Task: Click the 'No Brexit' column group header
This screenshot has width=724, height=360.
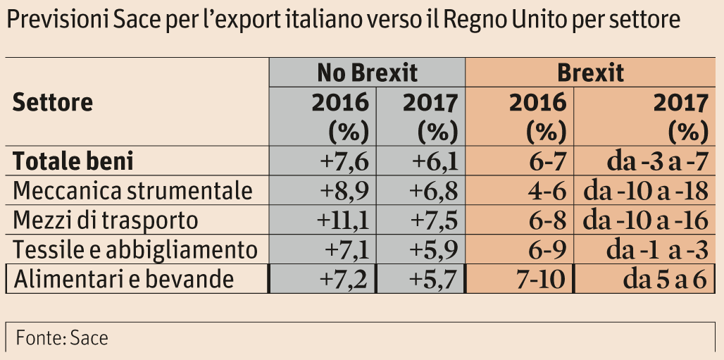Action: (367, 73)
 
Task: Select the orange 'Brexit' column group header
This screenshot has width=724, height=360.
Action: (590, 73)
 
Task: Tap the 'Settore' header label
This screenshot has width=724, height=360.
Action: (53, 103)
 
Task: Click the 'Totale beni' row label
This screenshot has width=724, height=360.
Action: (74, 161)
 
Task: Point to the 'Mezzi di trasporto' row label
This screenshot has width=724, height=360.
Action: (106, 221)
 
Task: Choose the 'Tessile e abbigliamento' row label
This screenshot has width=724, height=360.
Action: (136, 250)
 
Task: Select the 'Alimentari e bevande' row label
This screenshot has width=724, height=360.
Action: (123, 280)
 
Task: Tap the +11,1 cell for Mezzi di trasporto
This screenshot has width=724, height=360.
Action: (343, 221)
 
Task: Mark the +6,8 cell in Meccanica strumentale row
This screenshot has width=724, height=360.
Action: (435, 191)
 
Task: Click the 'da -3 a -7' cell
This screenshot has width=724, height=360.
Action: (656, 161)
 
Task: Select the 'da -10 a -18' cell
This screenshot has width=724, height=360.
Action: (646, 191)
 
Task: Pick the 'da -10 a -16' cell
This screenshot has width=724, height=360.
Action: (646, 221)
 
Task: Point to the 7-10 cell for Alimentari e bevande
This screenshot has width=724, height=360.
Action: (540, 280)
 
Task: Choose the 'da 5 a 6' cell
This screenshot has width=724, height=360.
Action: (664, 280)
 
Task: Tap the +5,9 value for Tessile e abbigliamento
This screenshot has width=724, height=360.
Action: (435, 250)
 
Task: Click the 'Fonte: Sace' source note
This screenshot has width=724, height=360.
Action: (62, 337)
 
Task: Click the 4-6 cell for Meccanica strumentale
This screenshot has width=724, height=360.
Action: (546, 191)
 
